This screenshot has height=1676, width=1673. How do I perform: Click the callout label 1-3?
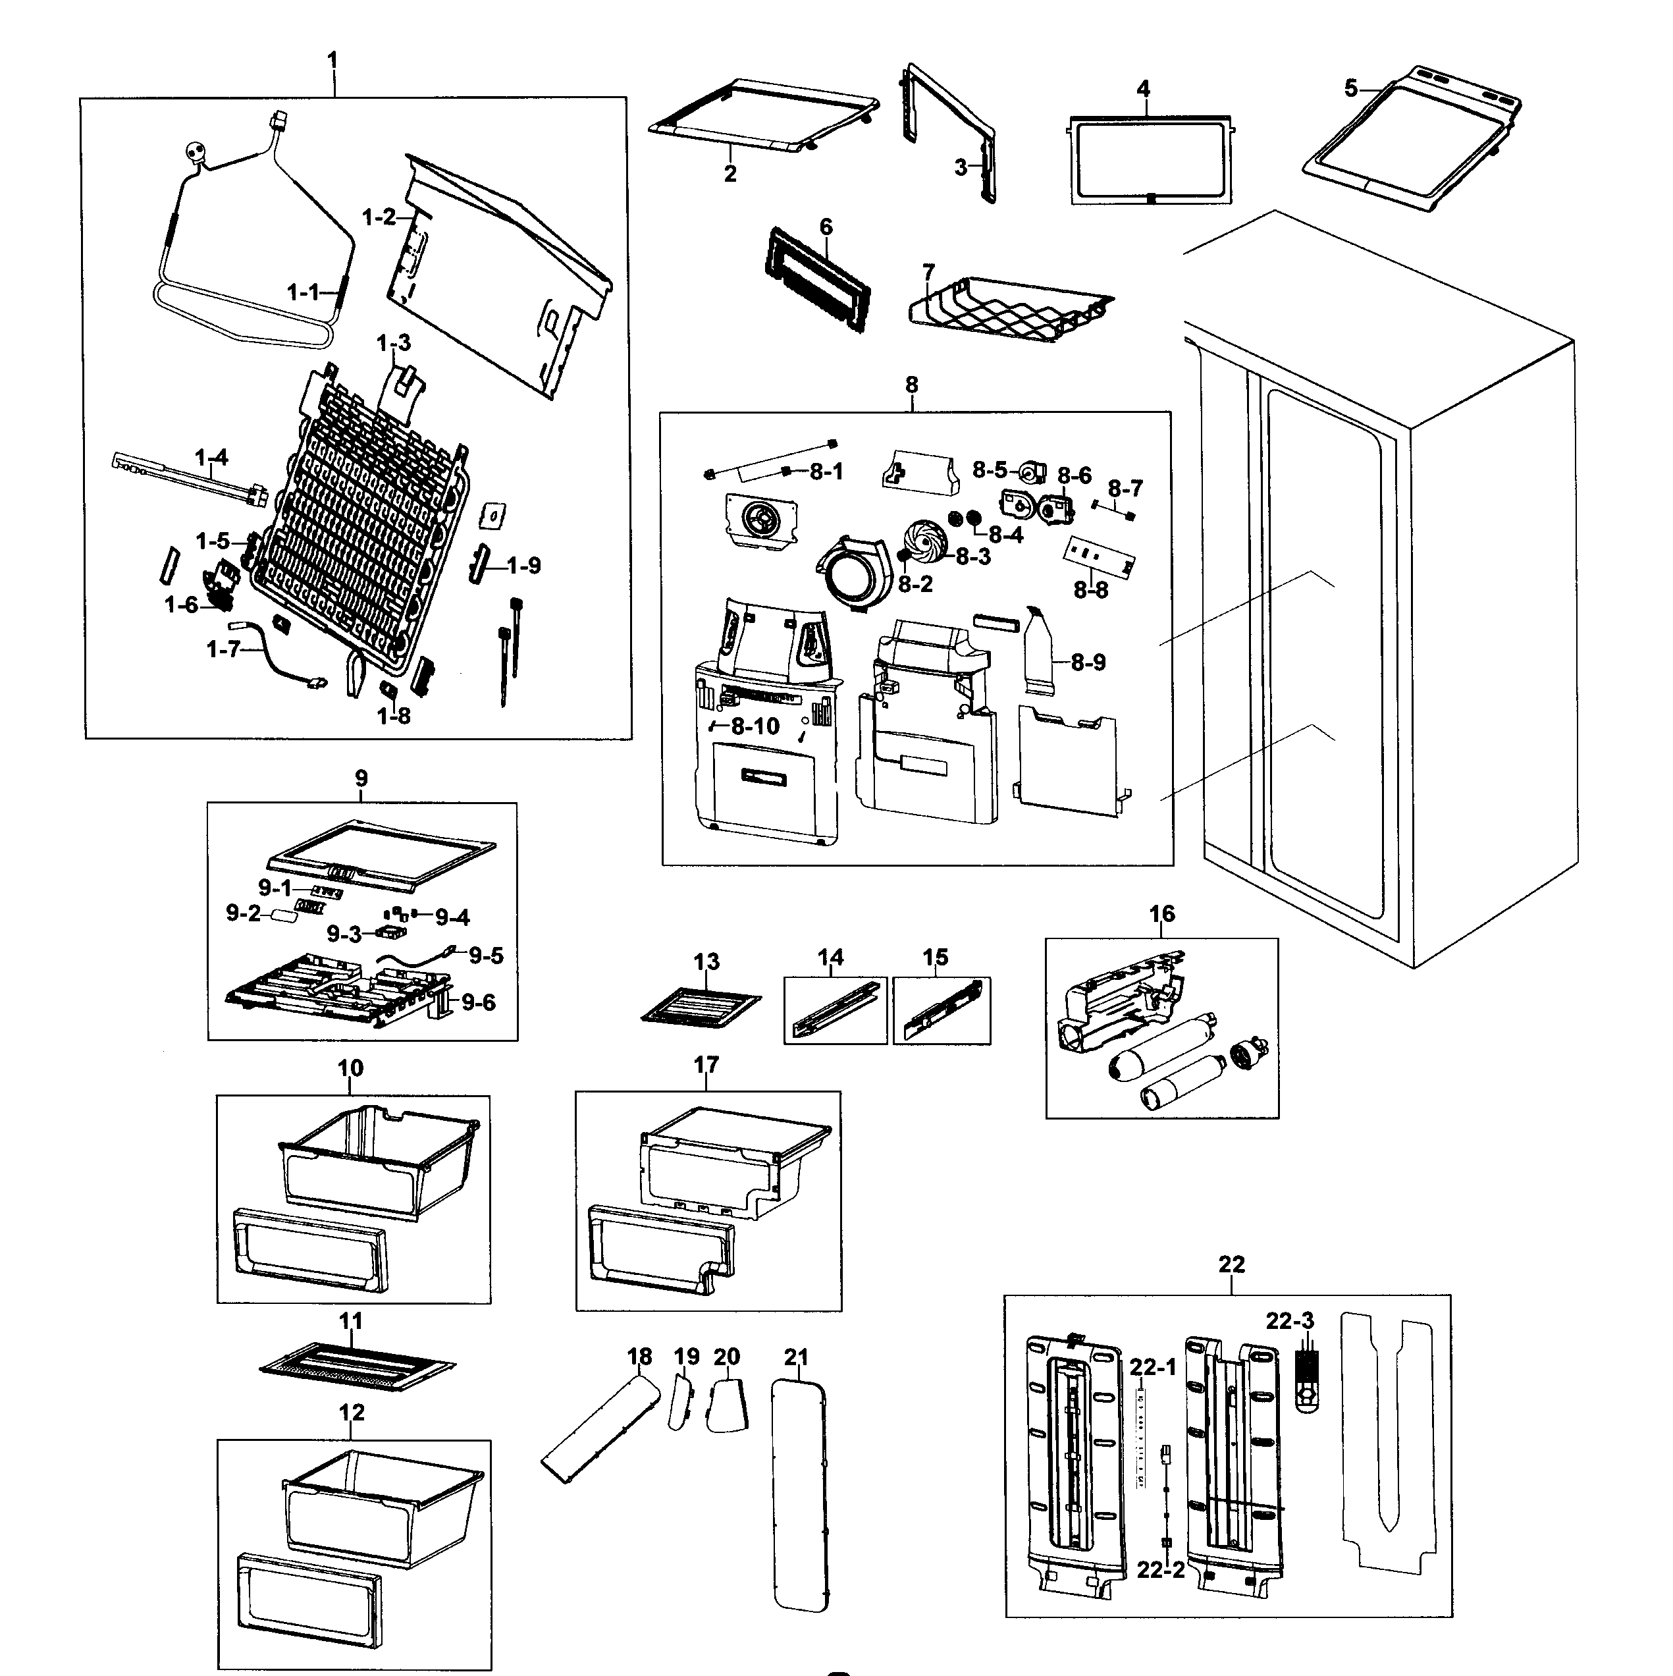(x=394, y=344)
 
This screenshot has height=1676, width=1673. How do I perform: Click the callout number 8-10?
(x=755, y=726)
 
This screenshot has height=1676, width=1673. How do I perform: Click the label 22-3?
(x=1290, y=1321)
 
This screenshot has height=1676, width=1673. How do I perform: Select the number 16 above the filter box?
(x=1162, y=913)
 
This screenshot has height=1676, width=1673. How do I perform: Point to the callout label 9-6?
(x=478, y=1003)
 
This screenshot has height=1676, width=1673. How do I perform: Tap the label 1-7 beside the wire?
(x=223, y=649)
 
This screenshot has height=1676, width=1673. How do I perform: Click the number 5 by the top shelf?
(x=1351, y=88)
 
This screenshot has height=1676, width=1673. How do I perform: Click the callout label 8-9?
(x=1088, y=662)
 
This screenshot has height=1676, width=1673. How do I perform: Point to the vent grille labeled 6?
(x=817, y=278)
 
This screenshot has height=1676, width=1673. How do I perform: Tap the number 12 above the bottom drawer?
(x=351, y=1413)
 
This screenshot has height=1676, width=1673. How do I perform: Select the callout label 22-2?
(x=1160, y=1570)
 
